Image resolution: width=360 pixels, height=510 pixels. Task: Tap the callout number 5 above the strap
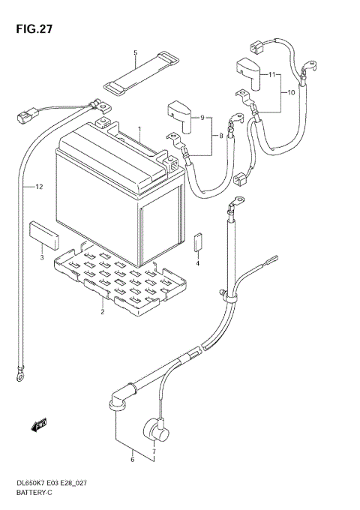[x=135, y=53]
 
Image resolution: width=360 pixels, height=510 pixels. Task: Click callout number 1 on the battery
[x=138, y=130]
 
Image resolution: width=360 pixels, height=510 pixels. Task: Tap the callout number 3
[x=42, y=257]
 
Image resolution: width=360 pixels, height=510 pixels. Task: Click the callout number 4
[x=198, y=262]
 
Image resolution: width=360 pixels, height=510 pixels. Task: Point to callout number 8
[x=220, y=136]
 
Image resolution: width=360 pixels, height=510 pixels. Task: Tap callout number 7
[x=154, y=451]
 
